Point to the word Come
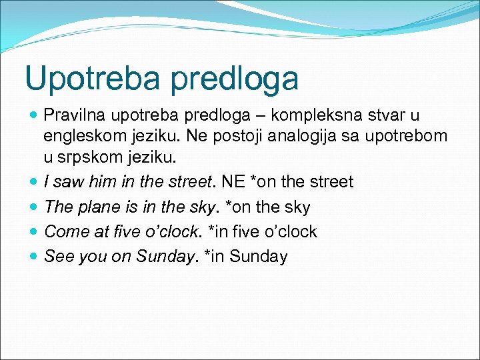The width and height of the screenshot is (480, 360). [64, 231]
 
